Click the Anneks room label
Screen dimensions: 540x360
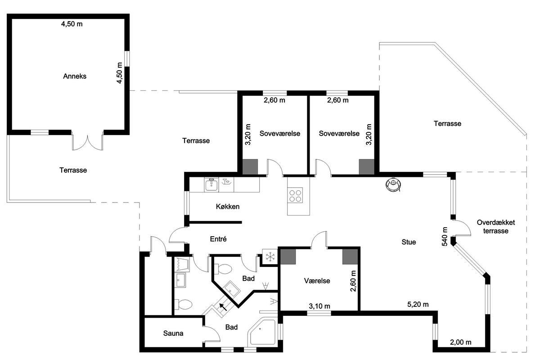[75, 76]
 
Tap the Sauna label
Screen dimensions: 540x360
[173, 333]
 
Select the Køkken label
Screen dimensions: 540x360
[228, 207]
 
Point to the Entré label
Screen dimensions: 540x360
[218, 239]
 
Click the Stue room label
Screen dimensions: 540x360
[409, 242]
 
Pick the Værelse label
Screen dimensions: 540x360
[317, 281]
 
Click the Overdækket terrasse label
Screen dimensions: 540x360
[495, 227]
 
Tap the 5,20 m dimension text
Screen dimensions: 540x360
[418, 304]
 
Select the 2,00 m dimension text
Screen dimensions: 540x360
[461, 342]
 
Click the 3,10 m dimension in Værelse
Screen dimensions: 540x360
[319, 306]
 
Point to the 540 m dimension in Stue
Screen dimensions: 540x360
[445, 237]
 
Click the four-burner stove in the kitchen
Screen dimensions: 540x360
[295, 196]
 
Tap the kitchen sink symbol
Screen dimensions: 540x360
[211, 185]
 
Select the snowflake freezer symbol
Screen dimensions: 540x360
[270, 257]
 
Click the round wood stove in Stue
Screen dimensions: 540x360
[393, 184]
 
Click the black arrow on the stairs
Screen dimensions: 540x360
[223, 307]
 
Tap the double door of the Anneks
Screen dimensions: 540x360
[87, 142]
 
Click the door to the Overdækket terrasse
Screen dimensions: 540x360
[462, 228]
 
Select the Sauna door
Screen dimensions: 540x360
[211, 334]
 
